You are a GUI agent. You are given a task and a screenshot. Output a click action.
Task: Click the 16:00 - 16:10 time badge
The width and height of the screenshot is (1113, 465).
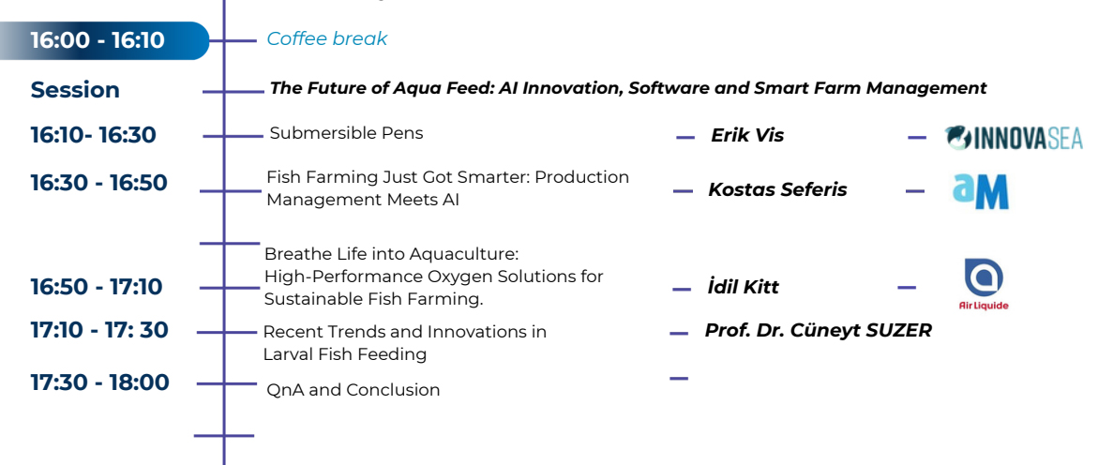pos(104,40)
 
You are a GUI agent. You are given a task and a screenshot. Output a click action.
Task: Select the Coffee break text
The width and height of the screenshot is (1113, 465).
pos(327,39)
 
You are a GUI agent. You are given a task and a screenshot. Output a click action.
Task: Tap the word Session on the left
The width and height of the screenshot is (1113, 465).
pos(75,90)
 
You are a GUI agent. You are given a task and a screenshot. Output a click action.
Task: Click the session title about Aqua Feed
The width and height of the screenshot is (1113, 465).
pos(628,88)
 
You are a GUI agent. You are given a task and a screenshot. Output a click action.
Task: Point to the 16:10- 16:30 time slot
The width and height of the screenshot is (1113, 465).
pos(93,135)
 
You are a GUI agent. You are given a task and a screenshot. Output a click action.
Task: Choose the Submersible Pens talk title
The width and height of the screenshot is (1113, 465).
pos(346,133)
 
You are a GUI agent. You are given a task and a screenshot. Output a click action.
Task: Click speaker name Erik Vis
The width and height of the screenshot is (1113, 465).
pos(747,136)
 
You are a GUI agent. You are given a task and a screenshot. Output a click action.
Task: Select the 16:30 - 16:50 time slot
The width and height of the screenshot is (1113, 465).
pos(98,183)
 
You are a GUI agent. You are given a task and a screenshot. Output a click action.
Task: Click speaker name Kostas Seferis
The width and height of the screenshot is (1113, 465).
pos(777,189)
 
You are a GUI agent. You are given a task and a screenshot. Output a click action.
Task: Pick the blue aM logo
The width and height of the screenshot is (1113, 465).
pos(980,191)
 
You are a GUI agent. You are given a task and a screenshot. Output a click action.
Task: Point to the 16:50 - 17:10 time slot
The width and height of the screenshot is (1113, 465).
pos(97,288)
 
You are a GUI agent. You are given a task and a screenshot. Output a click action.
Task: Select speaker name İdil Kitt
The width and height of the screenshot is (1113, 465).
pos(744,287)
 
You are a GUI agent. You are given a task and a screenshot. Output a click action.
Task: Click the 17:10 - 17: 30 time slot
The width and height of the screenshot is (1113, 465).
pos(99,330)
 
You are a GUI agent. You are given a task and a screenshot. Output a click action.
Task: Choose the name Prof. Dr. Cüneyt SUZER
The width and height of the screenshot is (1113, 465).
pos(818,330)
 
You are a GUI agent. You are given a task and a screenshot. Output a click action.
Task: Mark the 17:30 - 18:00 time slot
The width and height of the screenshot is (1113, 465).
pos(100,382)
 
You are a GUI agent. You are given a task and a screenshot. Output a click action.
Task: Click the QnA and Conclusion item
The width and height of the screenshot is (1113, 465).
pos(353,390)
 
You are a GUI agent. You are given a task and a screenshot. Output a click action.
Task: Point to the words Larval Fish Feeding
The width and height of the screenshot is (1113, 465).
pos(345,354)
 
